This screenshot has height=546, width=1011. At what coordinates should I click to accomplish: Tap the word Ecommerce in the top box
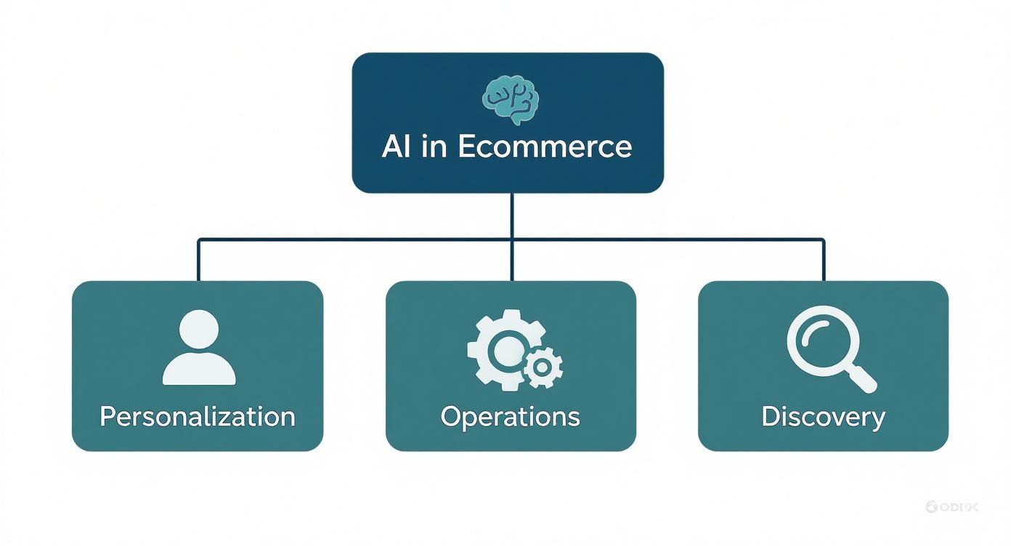point(545,147)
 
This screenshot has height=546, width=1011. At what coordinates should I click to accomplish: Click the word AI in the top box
point(397,147)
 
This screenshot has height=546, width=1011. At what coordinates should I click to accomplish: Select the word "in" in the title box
point(434,147)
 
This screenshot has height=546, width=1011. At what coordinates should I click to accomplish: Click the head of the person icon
point(198,328)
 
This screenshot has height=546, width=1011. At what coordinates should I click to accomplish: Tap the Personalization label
point(198,417)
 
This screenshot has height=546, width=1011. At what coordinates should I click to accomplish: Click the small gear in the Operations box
point(542,367)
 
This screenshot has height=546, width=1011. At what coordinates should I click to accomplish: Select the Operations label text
point(511,417)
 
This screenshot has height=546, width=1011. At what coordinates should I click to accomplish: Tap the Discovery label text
point(823,417)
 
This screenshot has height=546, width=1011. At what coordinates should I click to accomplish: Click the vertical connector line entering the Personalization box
point(198,260)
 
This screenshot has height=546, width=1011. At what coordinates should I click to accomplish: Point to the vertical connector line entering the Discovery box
point(824,260)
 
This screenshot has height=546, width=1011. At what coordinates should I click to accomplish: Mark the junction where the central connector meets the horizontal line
point(512,238)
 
